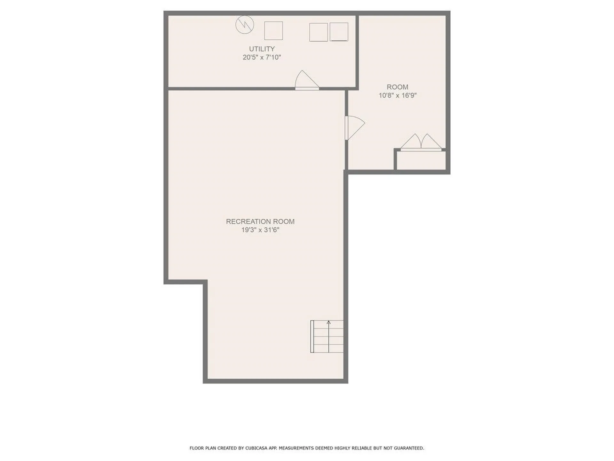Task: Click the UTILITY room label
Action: (262, 49)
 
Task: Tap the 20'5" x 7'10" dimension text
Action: (262, 57)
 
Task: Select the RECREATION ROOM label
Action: (260, 221)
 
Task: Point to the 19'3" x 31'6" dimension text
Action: (260, 230)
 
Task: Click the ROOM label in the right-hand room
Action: (397, 87)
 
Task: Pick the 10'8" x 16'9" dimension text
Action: (397, 95)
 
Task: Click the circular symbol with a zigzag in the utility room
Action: (245, 25)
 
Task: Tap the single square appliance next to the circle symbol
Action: (273, 31)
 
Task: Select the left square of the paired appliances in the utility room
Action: (318, 32)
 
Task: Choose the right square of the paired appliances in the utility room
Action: (339, 32)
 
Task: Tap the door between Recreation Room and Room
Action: (354, 127)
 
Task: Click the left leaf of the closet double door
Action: (412, 142)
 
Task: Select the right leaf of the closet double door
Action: (431, 142)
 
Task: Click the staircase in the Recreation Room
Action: (327, 336)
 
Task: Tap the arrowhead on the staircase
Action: (328, 322)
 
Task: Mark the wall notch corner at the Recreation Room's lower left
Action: (205, 282)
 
